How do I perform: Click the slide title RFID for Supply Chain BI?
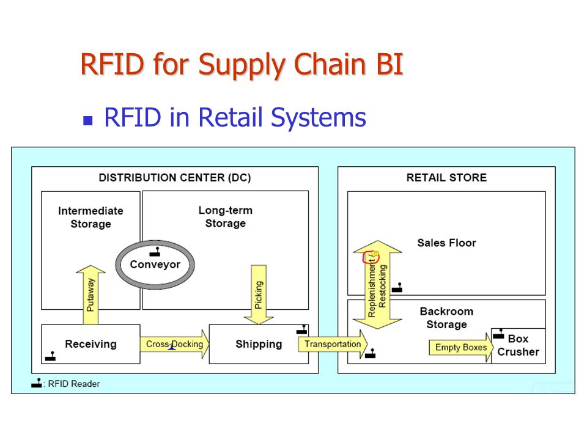pyautogui.click(x=242, y=65)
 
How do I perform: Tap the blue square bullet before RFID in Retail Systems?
pyautogui.click(x=87, y=120)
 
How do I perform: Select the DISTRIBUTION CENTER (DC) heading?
pyautogui.click(x=175, y=177)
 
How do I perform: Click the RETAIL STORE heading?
pyautogui.click(x=446, y=177)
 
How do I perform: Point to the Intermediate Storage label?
pyautogui.click(x=90, y=218)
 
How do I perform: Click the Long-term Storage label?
pyautogui.click(x=226, y=216)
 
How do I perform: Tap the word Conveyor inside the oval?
pyautogui.click(x=155, y=265)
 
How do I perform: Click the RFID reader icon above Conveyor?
pyautogui.click(x=155, y=252)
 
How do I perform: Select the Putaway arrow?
pyautogui.click(x=90, y=295)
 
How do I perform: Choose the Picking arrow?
pyautogui.click(x=259, y=295)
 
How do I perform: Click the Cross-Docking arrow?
pyautogui.click(x=175, y=344)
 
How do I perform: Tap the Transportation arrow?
pyautogui.click(x=333, y=344)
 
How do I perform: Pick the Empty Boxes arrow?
pyautogui.click(x=461, y=348)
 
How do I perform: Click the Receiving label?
pyautogui.click(x=90, y=344)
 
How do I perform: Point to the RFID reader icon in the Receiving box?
pyautogui.click(x=50, y=356)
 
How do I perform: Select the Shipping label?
pyautogui.click(x=259, y=344)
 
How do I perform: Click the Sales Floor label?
pyautogui.click(x=446, y=243)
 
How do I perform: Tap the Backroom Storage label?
pyautogui.click(x=446, y=318)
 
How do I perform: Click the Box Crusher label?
pyautogui.click(x=519, y=345)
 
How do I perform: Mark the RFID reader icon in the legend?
pyautogui.click(x=37, y=383)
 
